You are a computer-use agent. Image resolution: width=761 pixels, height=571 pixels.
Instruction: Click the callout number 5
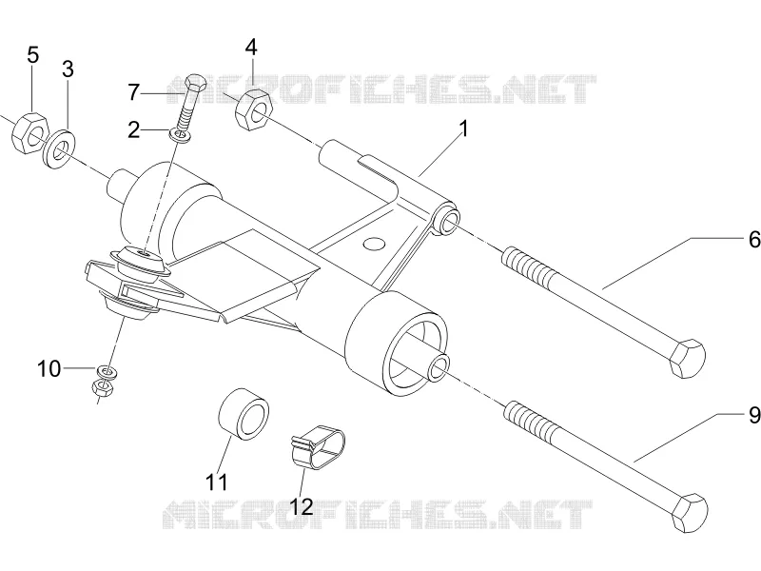point(32,55)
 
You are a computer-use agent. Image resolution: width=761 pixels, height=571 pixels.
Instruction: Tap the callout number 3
point(68,69)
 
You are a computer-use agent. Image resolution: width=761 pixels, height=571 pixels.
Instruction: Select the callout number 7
point(134,92)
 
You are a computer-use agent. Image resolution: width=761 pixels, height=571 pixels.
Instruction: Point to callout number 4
point(251,48)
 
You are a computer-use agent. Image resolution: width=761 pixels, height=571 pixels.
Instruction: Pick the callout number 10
point(49,369)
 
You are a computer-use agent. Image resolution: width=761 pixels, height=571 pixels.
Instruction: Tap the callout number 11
point(217,482)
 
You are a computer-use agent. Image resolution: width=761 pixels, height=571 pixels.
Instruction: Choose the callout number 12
point(301,507)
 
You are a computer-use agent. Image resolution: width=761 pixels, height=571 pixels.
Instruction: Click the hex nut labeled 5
point(29,133)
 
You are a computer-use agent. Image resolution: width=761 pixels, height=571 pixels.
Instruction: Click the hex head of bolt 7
point(196,83)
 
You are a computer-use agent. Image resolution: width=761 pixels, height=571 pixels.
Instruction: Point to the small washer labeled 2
point(180,135)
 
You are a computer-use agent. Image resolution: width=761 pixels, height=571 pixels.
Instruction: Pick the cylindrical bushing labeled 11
point(244,414)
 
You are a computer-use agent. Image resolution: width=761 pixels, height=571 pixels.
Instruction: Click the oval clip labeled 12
point(318,447)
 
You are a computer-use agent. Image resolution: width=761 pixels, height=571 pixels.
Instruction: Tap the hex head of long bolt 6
point(687,360)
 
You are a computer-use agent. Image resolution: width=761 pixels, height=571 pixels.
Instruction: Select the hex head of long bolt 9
point(690,514)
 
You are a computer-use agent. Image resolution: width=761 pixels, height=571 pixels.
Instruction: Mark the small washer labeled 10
point(107,372)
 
